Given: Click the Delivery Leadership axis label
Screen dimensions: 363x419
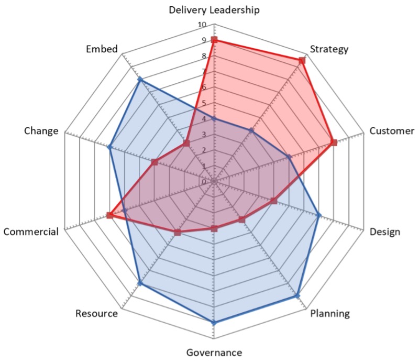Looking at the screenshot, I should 214,9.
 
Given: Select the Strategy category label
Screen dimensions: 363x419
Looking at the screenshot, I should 329,50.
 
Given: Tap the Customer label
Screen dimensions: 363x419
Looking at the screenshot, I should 392,131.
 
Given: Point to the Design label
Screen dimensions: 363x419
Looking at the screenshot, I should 384,232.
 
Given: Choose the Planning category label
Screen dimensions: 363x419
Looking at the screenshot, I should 330,314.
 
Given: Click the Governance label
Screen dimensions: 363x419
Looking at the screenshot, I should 214,352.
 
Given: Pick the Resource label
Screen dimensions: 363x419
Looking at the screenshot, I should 96,314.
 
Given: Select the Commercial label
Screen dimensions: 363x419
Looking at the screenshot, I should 30,232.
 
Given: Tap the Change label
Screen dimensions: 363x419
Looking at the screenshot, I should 40,131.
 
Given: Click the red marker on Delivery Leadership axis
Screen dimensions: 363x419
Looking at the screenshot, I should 214,40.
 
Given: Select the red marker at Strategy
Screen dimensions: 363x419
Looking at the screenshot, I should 302,61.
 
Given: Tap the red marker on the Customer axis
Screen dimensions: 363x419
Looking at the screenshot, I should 333,143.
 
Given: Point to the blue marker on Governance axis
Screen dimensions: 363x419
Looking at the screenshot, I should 214,323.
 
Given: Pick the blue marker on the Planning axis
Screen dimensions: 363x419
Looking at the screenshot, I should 297,296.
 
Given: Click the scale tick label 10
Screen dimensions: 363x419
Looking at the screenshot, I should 202,25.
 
